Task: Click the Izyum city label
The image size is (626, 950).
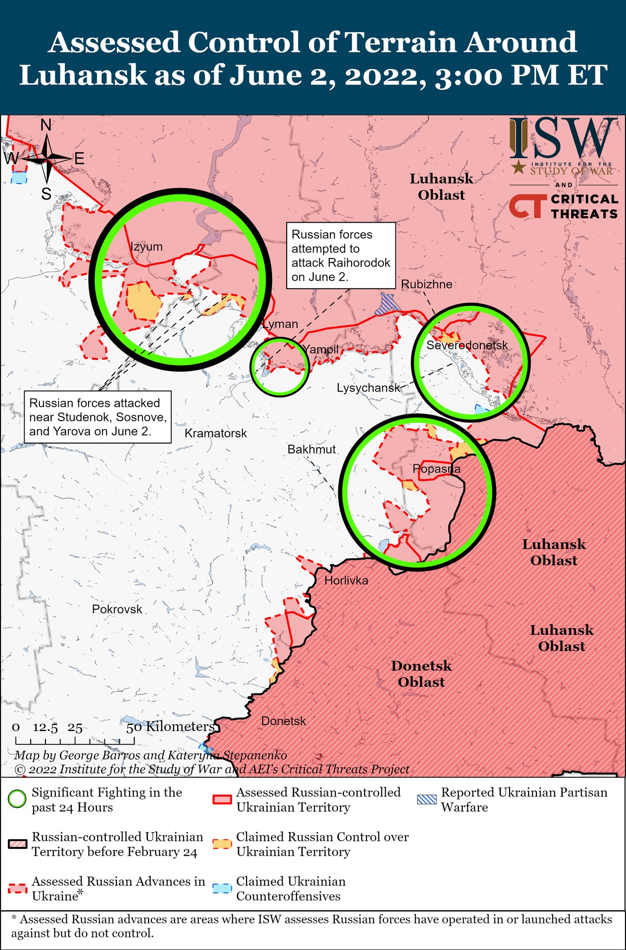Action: [x=147, y=246]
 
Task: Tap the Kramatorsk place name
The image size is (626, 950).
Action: [x=216, y=433]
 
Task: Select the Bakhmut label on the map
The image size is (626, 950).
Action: [x=311, y=449]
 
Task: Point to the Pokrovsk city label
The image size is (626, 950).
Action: [x=117, y=609]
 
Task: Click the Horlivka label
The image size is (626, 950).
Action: [x=346, y=580]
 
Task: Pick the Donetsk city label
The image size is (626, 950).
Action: [x=284, y=721]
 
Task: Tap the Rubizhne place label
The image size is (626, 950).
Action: [x=426, y=284]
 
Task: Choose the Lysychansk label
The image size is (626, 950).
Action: [x=368, y=388]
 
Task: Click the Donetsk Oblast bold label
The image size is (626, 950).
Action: [x=421, y=674]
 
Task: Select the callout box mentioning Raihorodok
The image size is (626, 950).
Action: [x=341, y=256]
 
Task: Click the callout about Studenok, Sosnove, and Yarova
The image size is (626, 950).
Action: [x=97, y=417]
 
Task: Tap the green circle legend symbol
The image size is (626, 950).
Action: [x=17, y=800]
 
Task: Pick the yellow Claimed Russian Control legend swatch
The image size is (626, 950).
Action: [x=222, y=844]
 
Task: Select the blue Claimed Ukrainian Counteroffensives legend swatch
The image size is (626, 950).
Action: [x=222, y=888]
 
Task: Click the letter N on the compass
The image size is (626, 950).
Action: [x=46, y=125]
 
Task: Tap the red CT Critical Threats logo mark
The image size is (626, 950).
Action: [x=527, y=206]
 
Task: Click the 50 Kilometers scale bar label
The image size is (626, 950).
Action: [x=170, y=726]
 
